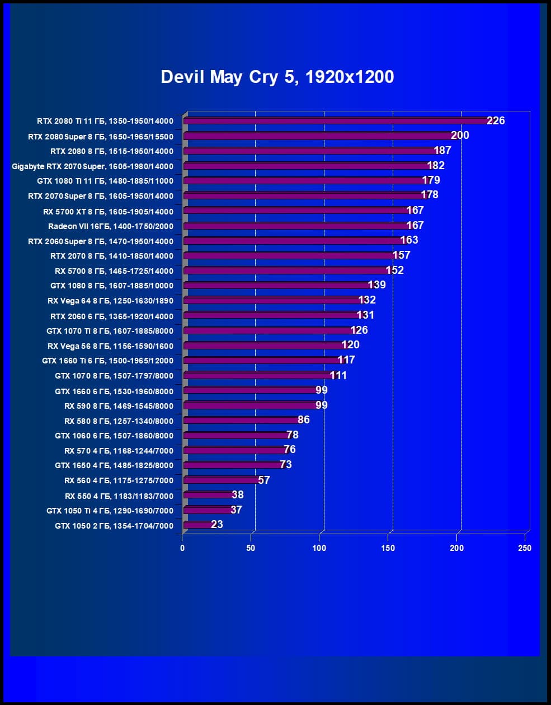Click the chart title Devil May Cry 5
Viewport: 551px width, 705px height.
click(277, 77)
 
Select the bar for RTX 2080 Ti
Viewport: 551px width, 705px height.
click(336, 121)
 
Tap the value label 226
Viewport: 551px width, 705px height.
click(496, 120)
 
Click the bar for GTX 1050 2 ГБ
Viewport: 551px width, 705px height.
click(197, 525)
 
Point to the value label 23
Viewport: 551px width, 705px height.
click(217, 524)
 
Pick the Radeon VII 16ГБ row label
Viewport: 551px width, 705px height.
click(111, 226)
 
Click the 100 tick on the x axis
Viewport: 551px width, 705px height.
click(319, 548)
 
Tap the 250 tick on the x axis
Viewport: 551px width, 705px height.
click(525, 548)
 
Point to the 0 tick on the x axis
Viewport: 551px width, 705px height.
click(182, 548)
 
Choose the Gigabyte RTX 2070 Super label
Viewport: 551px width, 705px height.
click(93, 166)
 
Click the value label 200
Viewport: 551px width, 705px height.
click(460, 135)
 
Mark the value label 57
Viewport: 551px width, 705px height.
click(264, 480)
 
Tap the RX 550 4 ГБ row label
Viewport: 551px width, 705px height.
click(119, 496)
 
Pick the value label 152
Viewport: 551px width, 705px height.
click(394, 270)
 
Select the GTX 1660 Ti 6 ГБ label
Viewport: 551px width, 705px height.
click(107, 361)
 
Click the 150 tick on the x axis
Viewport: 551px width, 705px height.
click(388, 548)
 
